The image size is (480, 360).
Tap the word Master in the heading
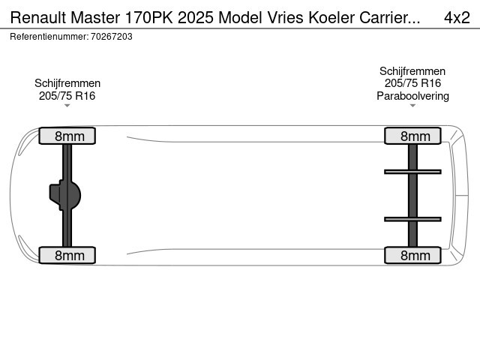tap(95, 17)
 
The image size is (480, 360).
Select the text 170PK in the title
tap(148, 17)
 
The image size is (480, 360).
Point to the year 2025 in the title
tap(196, 17)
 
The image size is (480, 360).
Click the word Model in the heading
tap(241, 17)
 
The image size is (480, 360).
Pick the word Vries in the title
tap(286, 17)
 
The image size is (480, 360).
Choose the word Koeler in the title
tap(331, 17)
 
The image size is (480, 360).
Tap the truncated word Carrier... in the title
tap(390, 17)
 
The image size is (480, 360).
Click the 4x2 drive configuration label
tap(457, 17)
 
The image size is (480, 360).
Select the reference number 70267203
tap(112, 37)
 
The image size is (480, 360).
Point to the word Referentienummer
tap(49, 37)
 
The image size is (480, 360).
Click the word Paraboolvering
tap(412, 96)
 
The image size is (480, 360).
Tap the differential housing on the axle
tap(65, 195)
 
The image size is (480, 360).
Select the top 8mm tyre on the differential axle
tap(67, 136)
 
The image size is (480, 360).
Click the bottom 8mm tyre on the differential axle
tap(67, 255)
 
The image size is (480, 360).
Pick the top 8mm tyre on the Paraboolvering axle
tap(412, 136)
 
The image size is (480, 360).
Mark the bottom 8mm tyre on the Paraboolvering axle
tap(412, 255)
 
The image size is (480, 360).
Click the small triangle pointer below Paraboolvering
tap(412, 106)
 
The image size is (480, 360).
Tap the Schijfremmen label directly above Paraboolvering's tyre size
tap(412, 71)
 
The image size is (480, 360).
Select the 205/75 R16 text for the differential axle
tap(67, 96)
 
